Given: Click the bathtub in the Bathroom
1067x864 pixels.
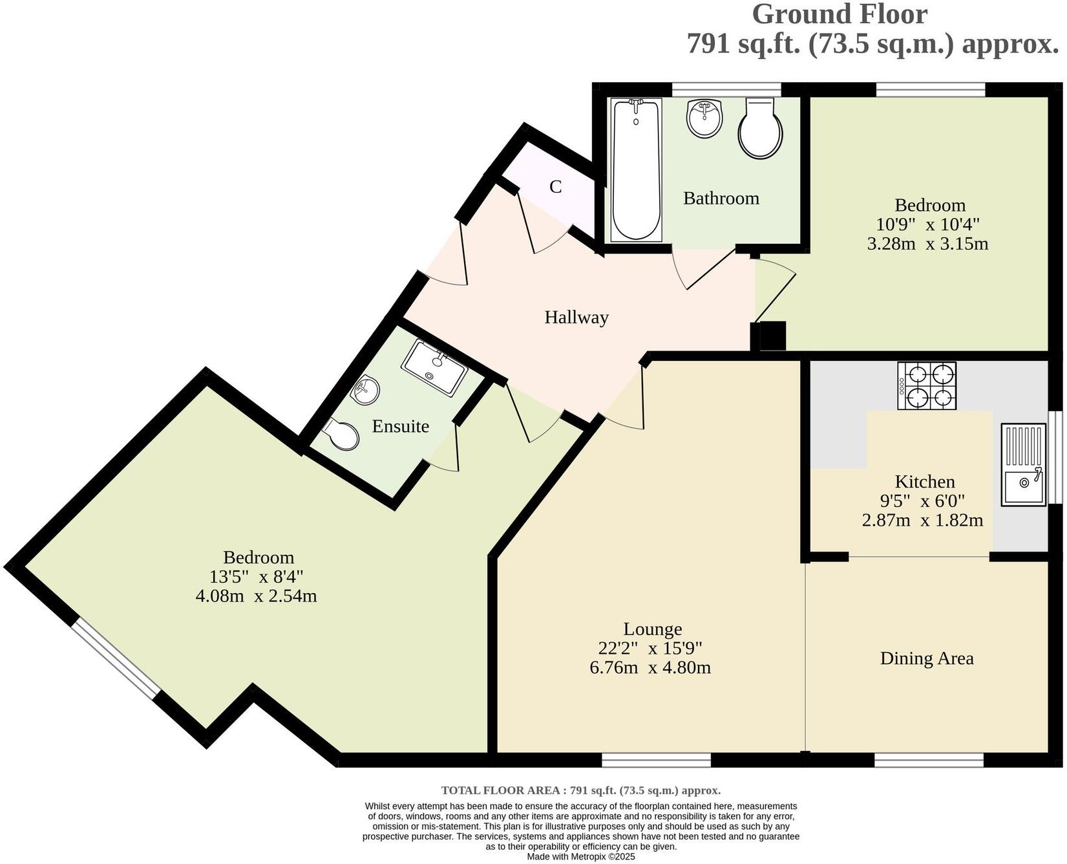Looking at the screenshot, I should point(636,170).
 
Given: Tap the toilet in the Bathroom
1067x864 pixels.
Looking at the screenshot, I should point(761,129).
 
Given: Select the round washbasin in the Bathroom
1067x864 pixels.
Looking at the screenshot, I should point(704,118).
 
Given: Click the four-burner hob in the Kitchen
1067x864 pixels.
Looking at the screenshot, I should point(927,385).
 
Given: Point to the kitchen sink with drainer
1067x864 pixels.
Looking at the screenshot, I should point(1023,464).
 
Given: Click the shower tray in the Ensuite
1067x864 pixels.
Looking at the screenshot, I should point(434,369).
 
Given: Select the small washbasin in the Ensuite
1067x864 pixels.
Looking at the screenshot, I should point(365,390).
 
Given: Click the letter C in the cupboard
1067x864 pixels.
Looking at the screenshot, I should point(555,188).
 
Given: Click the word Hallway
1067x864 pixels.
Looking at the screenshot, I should point(576,318).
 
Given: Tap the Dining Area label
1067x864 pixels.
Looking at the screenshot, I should point(926,658).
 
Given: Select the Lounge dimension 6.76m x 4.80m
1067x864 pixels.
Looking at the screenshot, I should point(650,667).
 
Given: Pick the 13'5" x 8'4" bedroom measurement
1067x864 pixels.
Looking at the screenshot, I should point(256,576).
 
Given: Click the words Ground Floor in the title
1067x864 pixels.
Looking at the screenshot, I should point(839,14).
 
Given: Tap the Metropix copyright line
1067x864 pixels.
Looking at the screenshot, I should point(580,856).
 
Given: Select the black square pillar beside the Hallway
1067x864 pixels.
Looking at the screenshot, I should point(772,336).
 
